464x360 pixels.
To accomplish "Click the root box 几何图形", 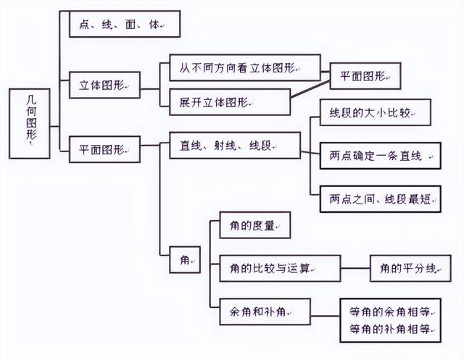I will click(x=30, y=123).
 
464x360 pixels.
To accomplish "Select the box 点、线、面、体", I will click(x=123, y=25).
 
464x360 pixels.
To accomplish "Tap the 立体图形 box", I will click(x=105, y=85).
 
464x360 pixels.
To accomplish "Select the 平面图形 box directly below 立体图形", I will click(x=105, y=149).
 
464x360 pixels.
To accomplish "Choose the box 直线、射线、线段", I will click(x=233, y=146).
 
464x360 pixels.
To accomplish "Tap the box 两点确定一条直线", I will click(x=380, y=156).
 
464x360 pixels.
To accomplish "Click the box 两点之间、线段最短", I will click(x=380, y=198).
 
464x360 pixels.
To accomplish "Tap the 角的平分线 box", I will click(x=409, y=268).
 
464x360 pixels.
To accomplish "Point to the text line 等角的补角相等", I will click(x=390, y=330).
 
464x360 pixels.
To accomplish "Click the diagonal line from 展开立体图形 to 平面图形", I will click(x=312, y=88).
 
